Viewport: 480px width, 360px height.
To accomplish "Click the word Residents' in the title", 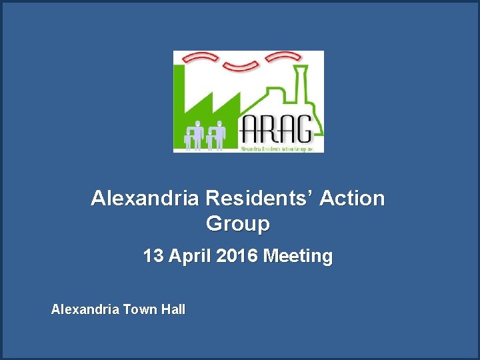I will (261, 199).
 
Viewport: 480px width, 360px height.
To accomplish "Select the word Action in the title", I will (352, 199).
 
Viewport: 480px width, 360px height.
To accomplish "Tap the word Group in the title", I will (238, 224).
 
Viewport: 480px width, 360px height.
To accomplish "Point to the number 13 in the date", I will (152, 256).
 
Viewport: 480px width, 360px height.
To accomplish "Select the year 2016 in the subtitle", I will (236, 256).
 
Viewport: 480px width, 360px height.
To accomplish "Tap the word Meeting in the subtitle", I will (298, 256).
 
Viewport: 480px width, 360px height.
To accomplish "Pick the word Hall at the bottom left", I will (173, 309).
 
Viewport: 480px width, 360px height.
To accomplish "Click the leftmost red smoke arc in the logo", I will (199, 58).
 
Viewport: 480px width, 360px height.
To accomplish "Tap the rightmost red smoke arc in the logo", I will (283, 58).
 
